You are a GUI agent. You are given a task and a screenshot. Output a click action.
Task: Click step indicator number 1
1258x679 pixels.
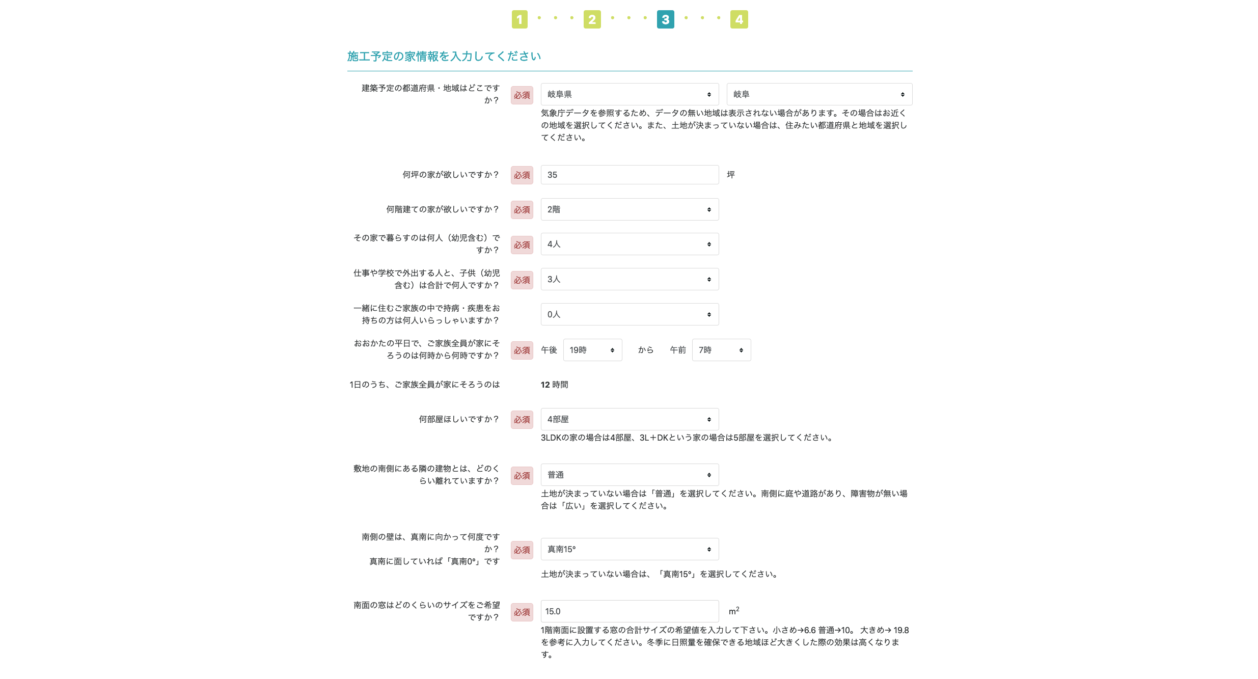[519, 19]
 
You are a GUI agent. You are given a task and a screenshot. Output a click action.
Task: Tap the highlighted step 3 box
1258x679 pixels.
[665, 19]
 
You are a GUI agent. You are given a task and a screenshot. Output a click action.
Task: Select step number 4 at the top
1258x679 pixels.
[739, 19]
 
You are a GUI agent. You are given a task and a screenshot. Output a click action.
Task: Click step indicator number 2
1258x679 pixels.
[592, 19]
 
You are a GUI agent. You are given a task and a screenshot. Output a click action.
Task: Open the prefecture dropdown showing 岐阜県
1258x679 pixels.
[630, 94]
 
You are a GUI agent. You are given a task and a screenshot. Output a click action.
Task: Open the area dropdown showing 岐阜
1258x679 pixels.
[819, 94]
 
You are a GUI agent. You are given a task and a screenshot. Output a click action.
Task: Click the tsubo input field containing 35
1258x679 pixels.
[630, 175]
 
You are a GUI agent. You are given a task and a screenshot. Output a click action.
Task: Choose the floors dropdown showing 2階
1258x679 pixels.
[630, 209]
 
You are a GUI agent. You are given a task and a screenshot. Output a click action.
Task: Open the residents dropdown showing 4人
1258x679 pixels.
[630, 244]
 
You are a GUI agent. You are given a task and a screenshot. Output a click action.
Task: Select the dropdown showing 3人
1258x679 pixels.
[630, 279]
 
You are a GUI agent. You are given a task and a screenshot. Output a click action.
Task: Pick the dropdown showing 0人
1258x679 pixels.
[630, 314]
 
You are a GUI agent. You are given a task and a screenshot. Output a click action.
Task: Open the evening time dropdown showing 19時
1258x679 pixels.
[592, 350]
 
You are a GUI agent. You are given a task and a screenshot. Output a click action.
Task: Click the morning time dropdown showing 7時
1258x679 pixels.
[721, 350]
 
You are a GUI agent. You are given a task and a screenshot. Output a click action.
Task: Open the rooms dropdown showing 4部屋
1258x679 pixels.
[630, 419]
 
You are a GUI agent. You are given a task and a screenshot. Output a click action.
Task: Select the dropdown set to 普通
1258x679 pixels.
[630, 475]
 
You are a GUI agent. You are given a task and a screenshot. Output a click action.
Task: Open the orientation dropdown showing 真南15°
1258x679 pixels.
[630, 549]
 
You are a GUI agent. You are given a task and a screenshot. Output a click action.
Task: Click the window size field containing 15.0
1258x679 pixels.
[630, 611]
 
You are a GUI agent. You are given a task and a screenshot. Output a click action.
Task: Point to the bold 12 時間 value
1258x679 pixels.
[554, 385]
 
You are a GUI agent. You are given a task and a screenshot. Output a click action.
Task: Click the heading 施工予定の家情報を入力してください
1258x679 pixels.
[444, 56]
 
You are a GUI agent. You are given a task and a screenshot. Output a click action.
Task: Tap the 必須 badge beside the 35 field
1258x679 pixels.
[522, 175]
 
